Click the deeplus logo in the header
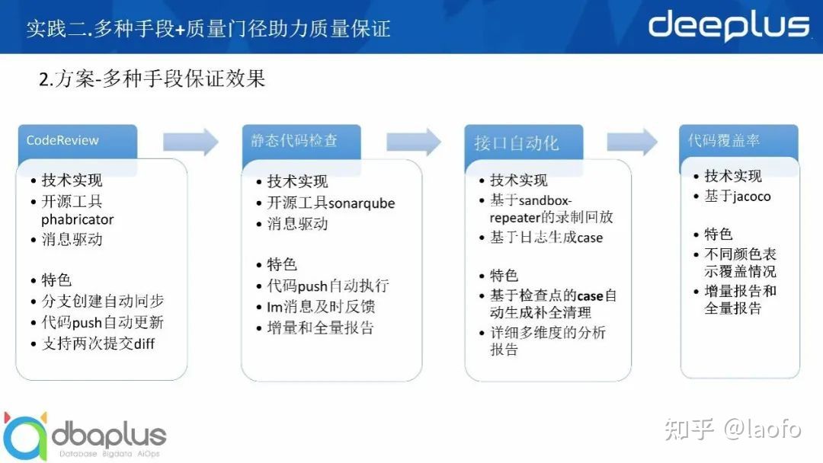729,25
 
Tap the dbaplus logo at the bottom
84,436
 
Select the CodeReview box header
78,141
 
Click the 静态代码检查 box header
301,141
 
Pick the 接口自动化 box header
524,142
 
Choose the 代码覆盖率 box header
738,141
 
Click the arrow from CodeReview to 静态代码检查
191,142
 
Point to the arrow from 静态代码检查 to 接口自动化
414,142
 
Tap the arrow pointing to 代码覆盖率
632,142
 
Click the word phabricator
77,219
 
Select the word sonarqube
361,203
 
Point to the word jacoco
752,196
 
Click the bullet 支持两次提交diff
98,343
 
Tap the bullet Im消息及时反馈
321,307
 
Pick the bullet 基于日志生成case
546,238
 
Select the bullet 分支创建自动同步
102,301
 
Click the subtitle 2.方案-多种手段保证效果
152,79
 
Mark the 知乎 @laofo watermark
733,429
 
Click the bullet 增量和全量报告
320,328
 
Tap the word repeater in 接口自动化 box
515,218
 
